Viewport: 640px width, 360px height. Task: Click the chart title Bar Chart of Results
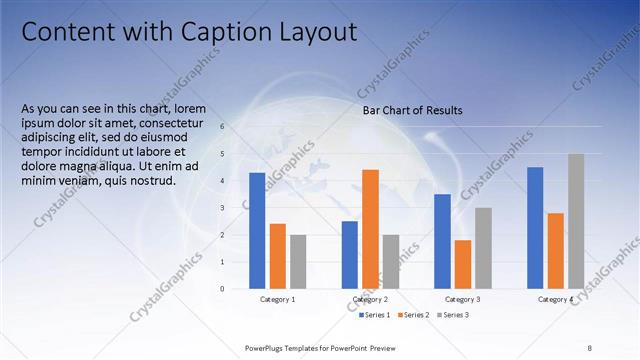[412, 110]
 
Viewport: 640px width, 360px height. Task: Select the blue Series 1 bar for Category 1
[257, 230]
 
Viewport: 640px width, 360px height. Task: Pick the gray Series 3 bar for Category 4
[576, 221]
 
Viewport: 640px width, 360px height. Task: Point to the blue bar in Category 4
[535, 227]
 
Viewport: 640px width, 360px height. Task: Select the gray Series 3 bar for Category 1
[298, 261]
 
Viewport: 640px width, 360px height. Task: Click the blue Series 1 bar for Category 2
[349, 254]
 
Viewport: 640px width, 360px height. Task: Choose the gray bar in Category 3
[483, 248]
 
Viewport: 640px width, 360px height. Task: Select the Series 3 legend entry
[453, 315]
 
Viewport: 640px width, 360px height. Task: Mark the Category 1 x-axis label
[277, 300]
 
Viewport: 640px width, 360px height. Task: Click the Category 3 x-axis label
[462, 300]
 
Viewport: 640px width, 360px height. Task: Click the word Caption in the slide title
[233, 32]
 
